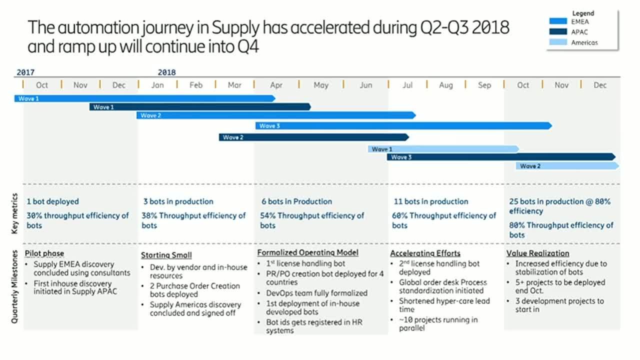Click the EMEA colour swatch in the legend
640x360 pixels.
tap(558, 21)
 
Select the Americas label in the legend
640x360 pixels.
tap(584, 43)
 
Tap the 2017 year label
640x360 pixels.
tap(25, 72)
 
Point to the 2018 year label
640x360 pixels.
tap(166, 72)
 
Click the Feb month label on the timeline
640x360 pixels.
tap(196, 85)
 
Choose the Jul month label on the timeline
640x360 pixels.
tap(407, 85)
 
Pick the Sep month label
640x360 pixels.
tap(484, 85)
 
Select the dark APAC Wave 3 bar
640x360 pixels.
tap(501, 157)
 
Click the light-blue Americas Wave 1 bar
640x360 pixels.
tap(443, 149)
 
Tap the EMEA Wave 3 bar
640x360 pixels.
tap(403, 125)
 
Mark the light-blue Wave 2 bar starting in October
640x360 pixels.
tap(567, 166)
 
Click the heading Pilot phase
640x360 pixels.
tap(44, 253)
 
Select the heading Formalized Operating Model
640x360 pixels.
tap(307, 252)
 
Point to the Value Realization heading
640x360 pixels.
tap(537, 253)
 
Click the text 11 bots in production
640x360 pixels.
tap(431, 201)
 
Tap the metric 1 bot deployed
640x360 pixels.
tap(52, 201)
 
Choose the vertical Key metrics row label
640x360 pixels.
tap(14, 213)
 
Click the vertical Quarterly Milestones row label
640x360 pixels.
tap(14, 287)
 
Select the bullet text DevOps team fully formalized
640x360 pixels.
tap(316, 293)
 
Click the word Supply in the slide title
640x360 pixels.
tap(235, 28)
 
